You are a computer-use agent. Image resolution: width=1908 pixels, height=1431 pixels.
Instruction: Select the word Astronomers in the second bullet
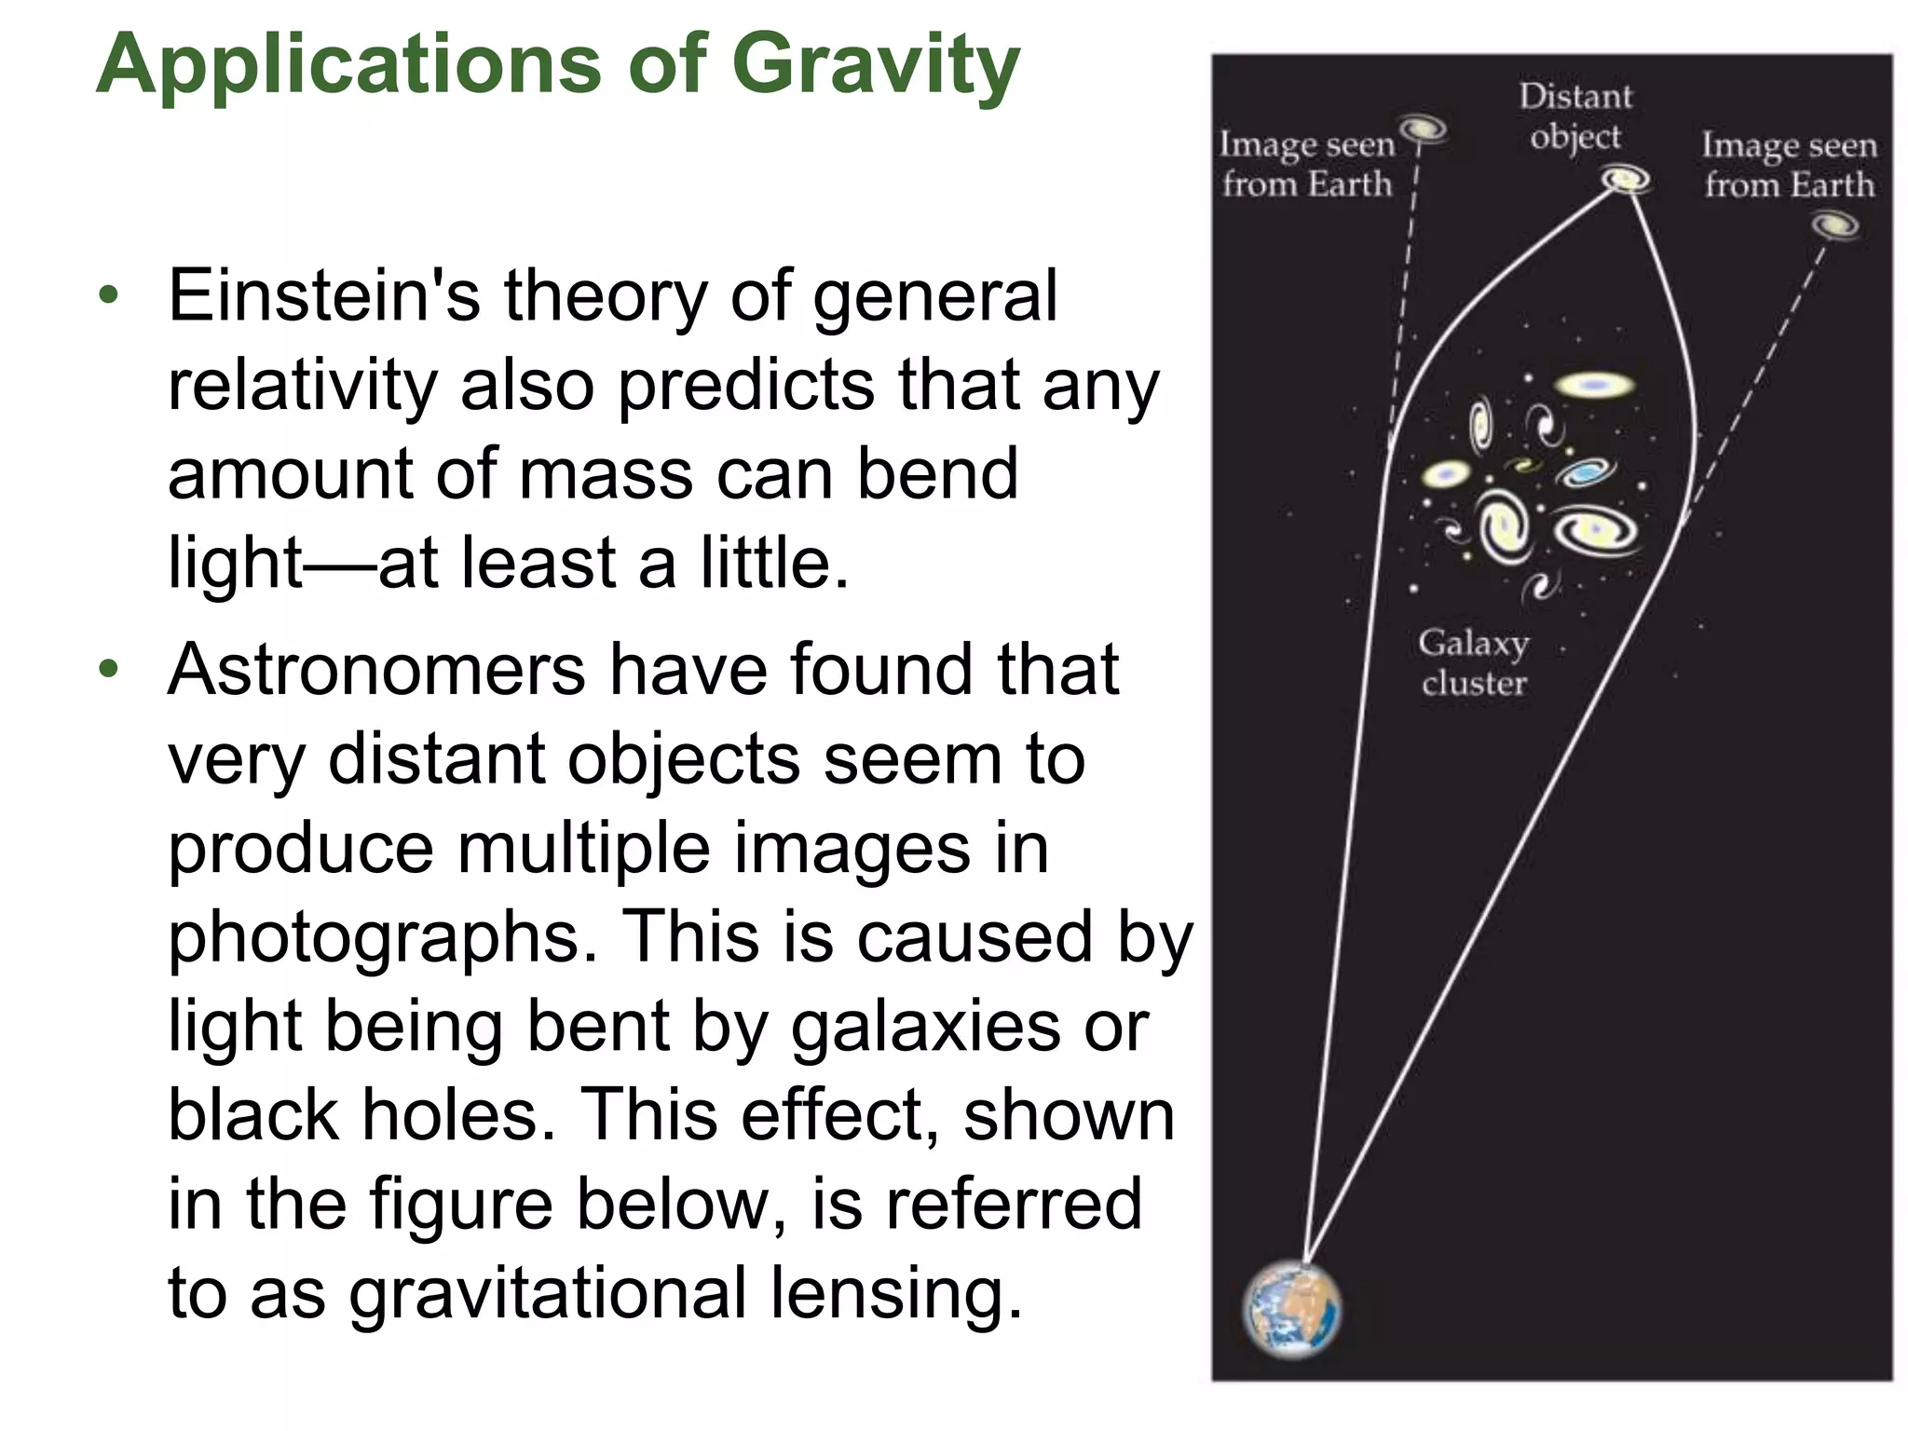376,670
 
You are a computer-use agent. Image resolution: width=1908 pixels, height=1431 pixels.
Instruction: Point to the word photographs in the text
382,937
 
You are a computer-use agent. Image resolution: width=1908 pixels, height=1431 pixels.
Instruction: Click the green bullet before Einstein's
110,296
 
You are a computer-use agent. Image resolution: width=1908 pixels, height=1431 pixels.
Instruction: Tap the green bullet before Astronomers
110,670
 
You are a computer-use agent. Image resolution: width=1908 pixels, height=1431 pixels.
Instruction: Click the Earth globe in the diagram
1292,1309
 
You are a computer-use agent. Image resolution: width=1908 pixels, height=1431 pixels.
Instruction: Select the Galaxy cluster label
1474,662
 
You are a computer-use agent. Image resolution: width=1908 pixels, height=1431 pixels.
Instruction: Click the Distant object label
1576,116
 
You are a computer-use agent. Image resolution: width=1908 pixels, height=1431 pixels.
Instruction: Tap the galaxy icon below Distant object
1625,178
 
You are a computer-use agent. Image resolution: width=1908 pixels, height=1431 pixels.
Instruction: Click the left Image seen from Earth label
1307,165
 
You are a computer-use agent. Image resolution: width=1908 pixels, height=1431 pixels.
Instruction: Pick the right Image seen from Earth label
1790,165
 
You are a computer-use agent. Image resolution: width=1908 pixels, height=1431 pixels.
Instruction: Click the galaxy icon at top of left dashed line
1422,128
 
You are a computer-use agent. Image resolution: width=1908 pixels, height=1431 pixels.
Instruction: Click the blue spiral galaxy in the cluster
1584,471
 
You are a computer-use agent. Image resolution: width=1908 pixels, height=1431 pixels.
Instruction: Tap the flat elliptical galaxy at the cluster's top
1594,385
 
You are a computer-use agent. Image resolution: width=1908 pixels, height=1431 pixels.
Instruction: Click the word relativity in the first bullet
302,386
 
